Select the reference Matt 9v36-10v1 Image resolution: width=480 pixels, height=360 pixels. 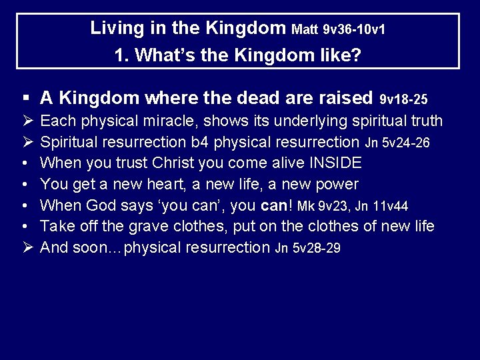339,30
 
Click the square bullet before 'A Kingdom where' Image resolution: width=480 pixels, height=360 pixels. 25,99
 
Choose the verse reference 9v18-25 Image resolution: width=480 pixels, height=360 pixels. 403,100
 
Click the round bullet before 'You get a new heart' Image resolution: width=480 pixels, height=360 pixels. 25,184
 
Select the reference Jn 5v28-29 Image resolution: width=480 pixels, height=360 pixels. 307,249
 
